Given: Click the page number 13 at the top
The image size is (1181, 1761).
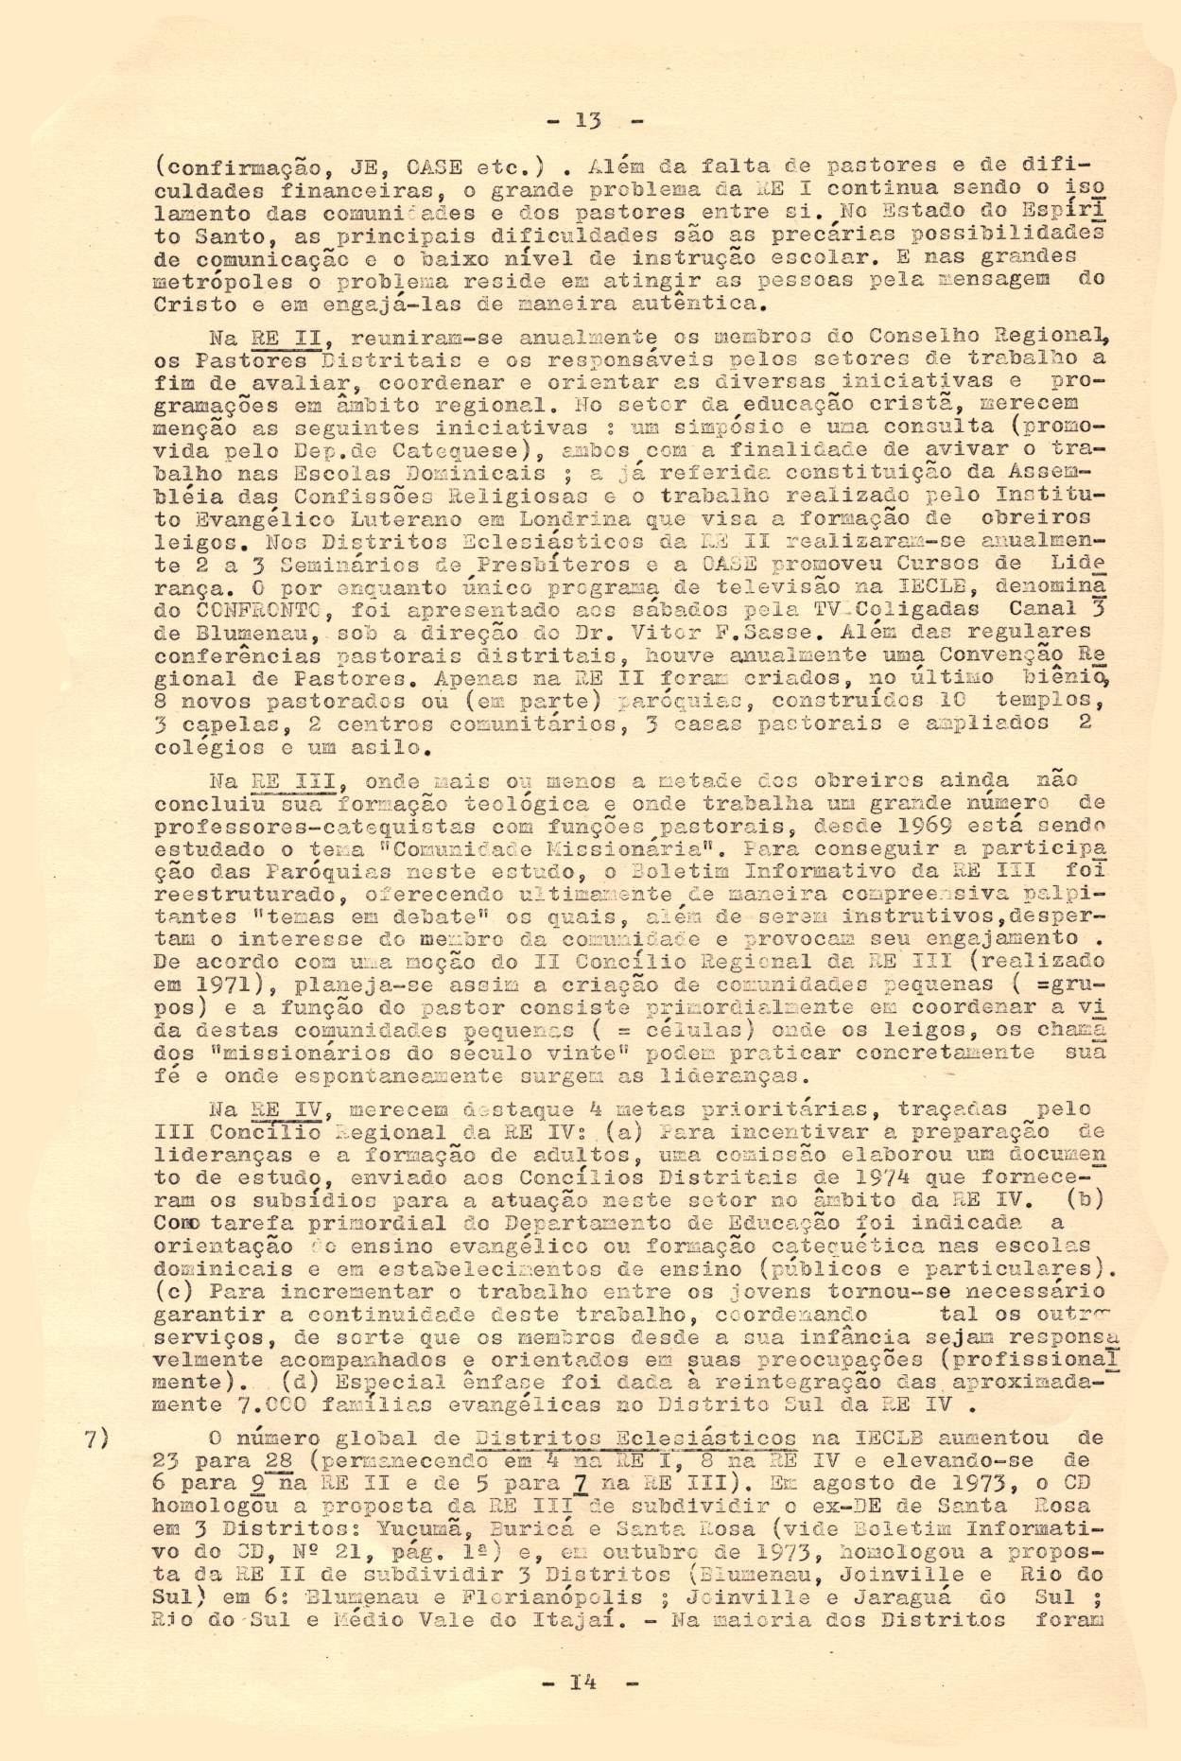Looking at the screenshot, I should (x=589, y=120).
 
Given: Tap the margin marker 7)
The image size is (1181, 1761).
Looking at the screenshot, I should (x=98, y=1439).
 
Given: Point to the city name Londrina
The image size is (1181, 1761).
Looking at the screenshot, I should (x=577, y=519).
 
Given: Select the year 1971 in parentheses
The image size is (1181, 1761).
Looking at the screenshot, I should (x=217, y=986).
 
